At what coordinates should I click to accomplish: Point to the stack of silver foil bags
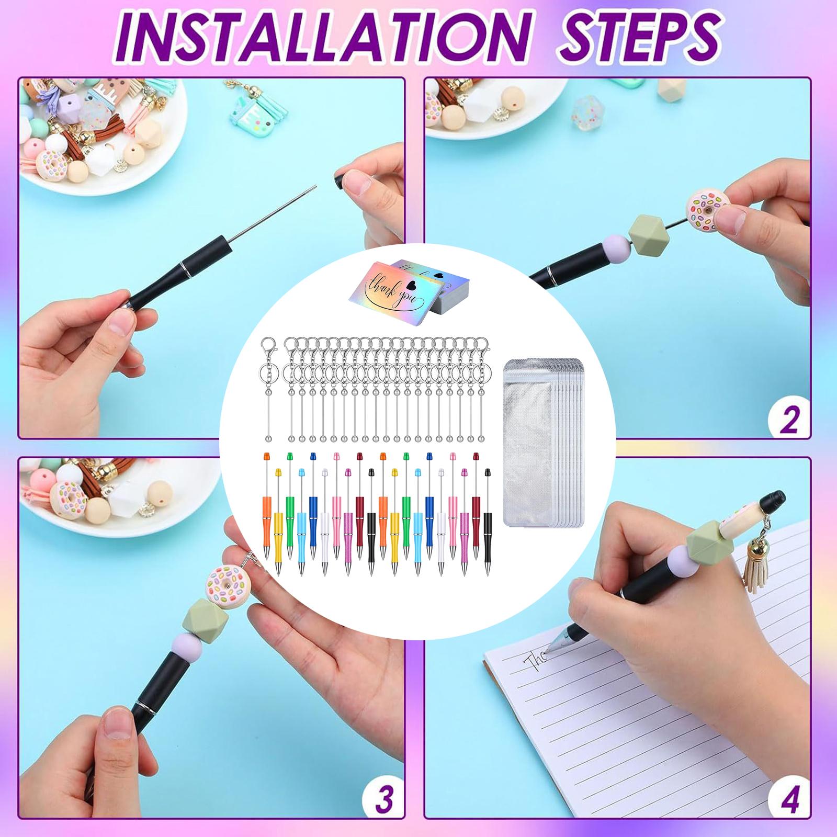542,440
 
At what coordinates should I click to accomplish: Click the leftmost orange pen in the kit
267,505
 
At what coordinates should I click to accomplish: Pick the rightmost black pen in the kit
488,523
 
